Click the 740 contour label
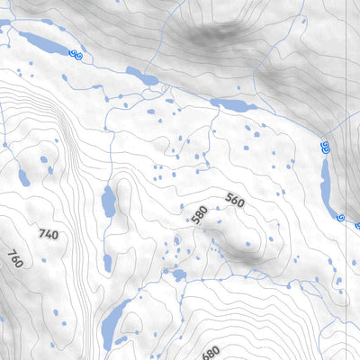point(49,234)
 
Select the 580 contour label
point(200,215)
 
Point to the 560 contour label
point(234,202)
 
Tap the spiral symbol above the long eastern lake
point(325,145)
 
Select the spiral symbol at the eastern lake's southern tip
point(340,217)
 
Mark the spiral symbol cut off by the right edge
point(357,225)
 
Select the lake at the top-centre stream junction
point(142,77)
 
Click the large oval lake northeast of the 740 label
point(108,202)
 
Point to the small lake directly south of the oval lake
point(107,263)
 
